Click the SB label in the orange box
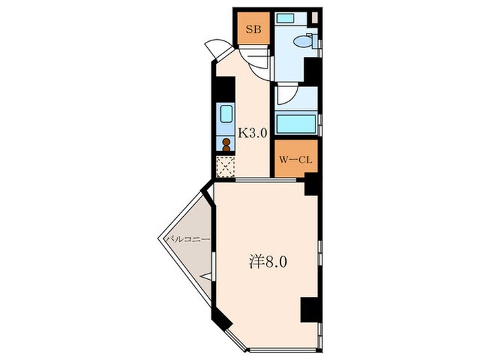point(254,29)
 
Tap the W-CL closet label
point(296,160)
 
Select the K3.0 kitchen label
point(252,133)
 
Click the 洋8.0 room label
point(267,262)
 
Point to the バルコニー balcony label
point(188,239)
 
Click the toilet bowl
point(302,41)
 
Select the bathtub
point(296,124)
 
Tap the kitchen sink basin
point(226,113)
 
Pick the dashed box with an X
point(226,167)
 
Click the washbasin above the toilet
point(285,17)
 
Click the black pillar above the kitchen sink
point(225,89)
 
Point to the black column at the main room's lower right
point(310,309)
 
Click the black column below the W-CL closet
point(312,184)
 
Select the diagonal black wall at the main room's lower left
point(221,319)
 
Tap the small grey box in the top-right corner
point(315,17)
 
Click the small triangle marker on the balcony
point(206,276)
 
